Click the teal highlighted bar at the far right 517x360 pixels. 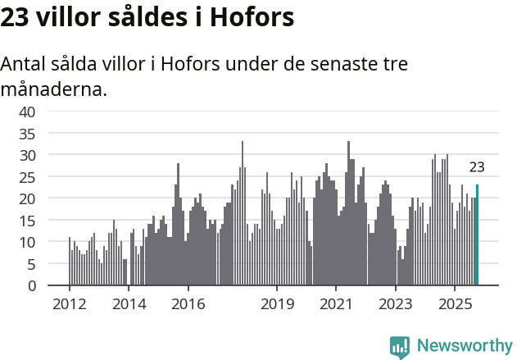[x=477, y=235]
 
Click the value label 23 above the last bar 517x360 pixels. [x=477, y=167]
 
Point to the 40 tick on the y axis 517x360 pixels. [x=27, y=111]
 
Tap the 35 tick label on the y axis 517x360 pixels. [x=27, y=133]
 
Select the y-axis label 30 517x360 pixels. [x=27, y=155]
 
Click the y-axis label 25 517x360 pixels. [x=27, y=176]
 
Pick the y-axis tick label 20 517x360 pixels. [x=27, y=198]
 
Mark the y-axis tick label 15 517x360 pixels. [x=27, y=221]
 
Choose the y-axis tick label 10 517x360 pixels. [x=27, y=242]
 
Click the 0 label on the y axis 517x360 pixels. [x=31, y=286]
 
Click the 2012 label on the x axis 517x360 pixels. [x=69, y=304]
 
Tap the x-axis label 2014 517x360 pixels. [x=129, y=304]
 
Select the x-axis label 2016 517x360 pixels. [x=188, y=304]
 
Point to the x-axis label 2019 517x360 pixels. [x=277, y=304]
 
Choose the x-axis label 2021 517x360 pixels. [x=336, y=304]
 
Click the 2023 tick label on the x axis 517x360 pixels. [x=396, y=304]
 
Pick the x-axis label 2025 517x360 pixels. [x=455, y=304]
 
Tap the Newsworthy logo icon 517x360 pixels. [x=400, y=346]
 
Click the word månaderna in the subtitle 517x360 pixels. [x=54, y=89]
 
